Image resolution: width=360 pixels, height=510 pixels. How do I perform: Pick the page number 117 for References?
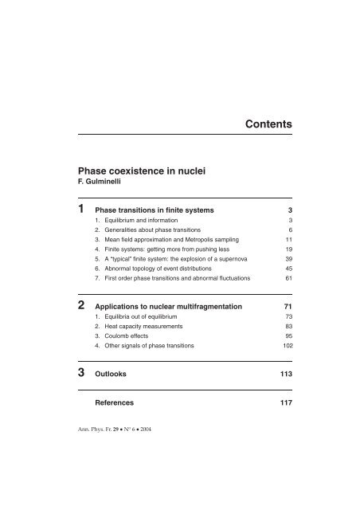(284, 403)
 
